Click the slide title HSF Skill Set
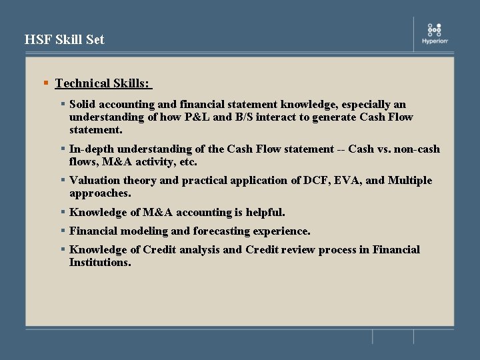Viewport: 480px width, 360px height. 65,40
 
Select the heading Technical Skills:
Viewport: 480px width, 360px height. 103,83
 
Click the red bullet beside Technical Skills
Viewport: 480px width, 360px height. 45,83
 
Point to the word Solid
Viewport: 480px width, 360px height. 83,105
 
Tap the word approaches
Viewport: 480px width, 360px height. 100,193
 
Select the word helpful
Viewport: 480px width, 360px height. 265,213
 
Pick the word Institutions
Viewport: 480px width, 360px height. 100,263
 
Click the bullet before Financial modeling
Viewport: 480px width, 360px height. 62,231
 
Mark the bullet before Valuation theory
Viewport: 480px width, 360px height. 62,180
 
